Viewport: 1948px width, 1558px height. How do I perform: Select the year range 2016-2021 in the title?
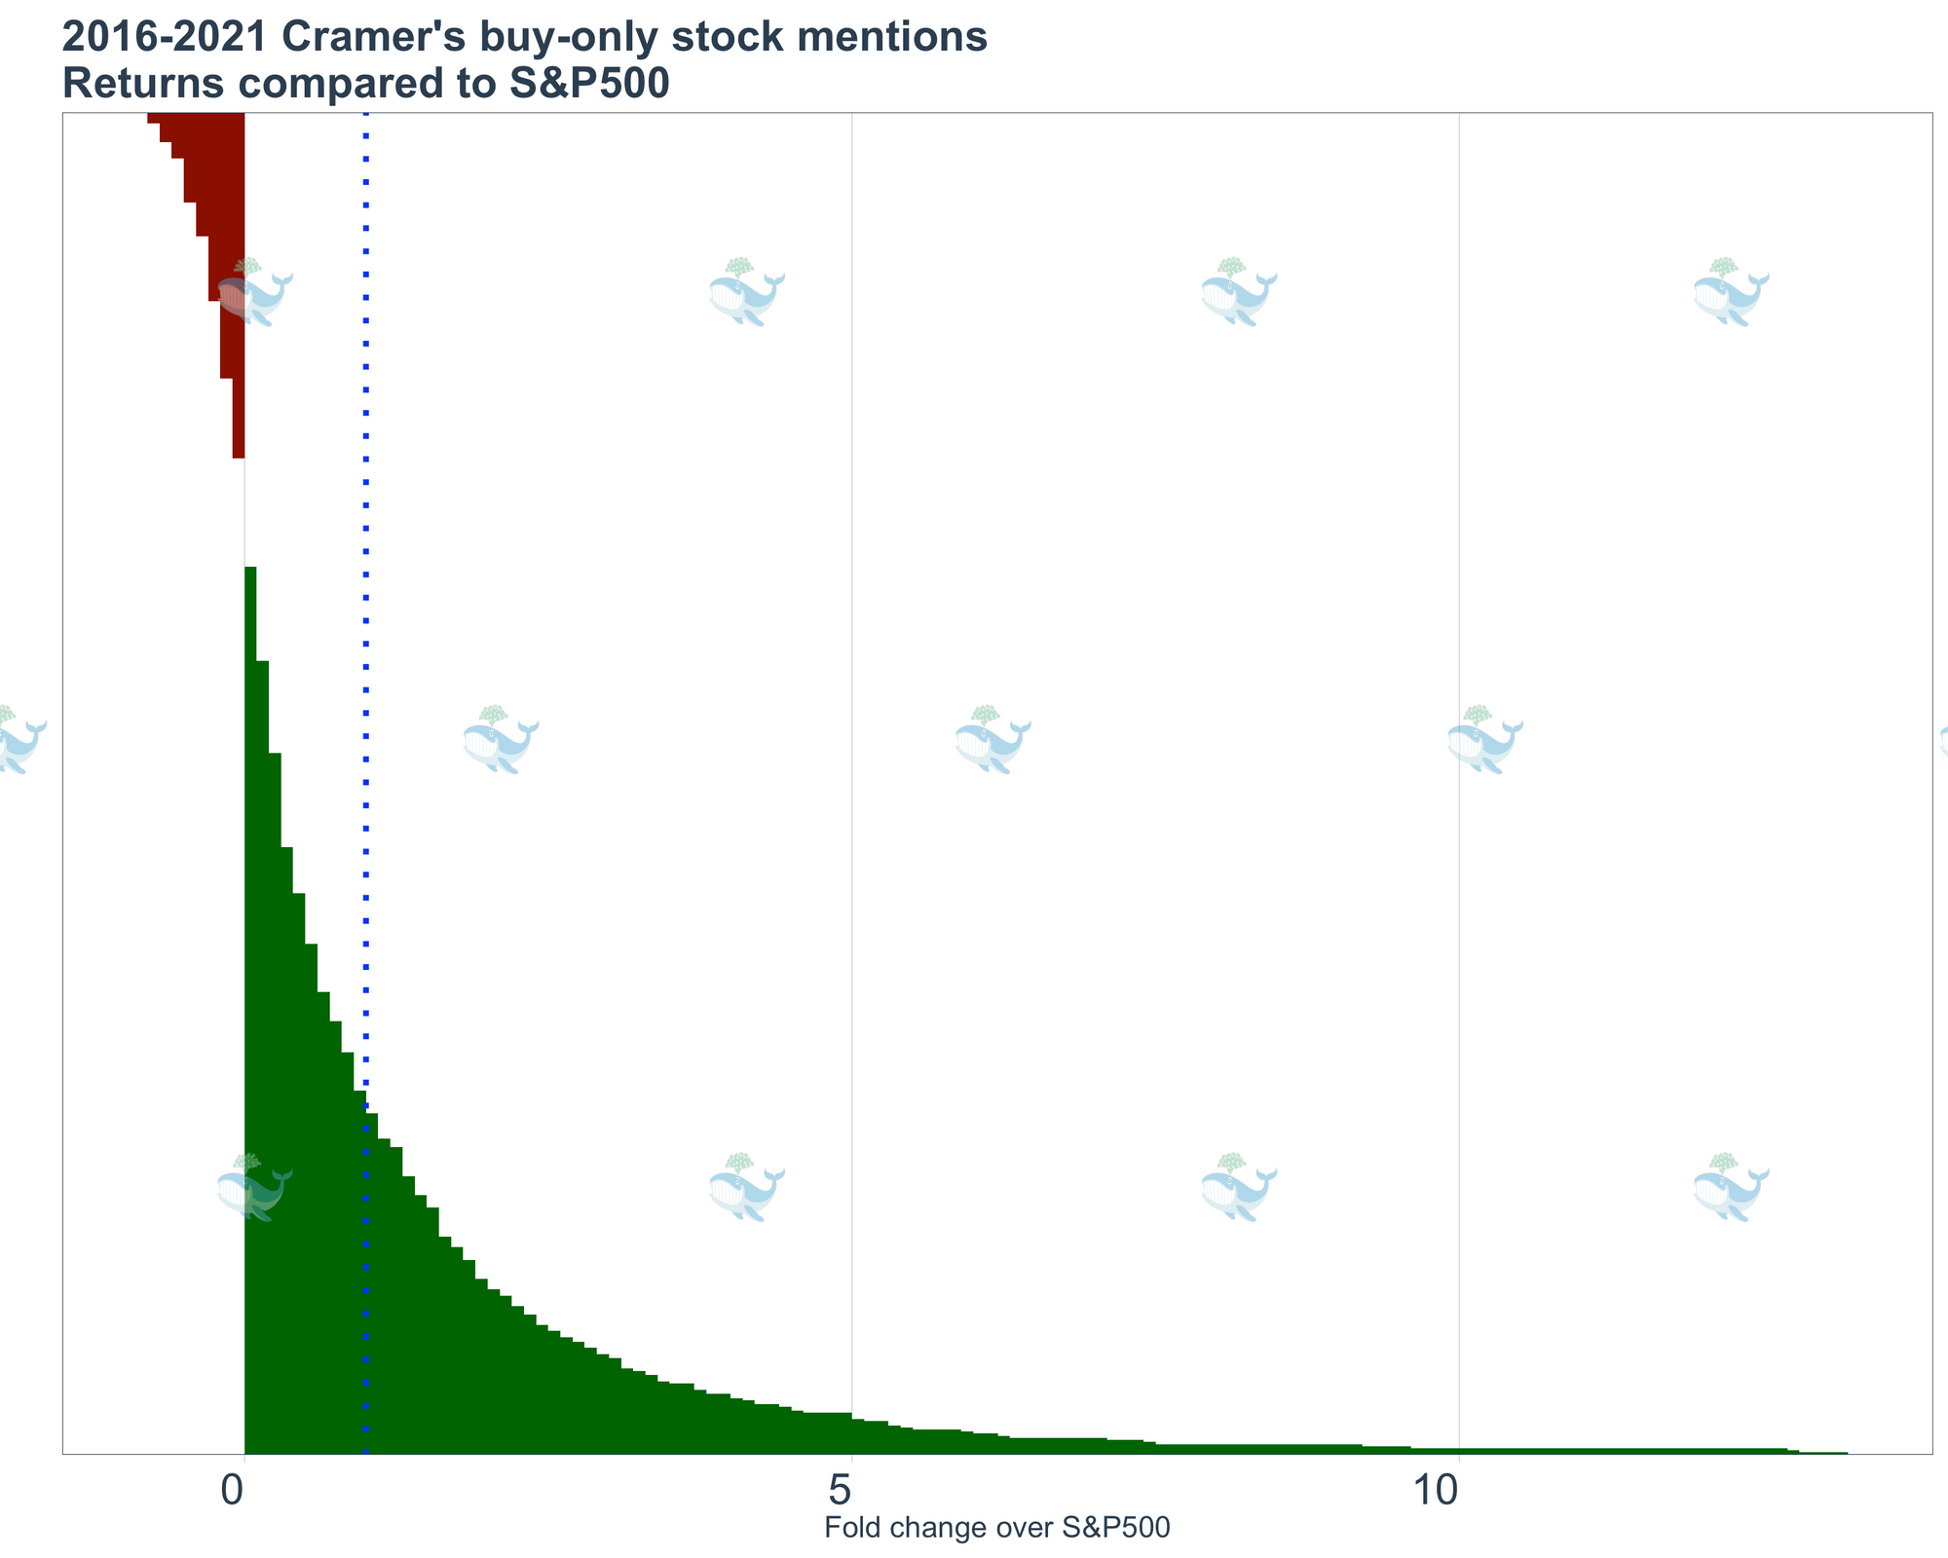pos(165,39)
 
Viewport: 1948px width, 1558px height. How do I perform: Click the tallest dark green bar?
pos(250,974)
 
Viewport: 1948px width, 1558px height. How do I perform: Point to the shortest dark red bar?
pos(238,419)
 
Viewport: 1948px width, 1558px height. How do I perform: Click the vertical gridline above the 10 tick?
pos(1459,682)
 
